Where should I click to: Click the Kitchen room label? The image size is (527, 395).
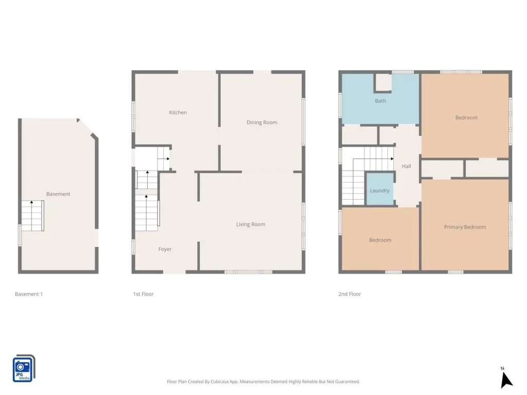(x=178, y=113)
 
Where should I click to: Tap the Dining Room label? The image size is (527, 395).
(x=262, y=122)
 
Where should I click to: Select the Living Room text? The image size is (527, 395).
(x=251, y=224)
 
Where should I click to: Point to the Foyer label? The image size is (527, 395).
(x=165, y=249)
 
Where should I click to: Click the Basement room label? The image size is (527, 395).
(x=58, y=194)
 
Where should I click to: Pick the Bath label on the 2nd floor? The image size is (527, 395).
(x=380, y=101)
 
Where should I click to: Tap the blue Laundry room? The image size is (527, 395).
(x=380, y=188)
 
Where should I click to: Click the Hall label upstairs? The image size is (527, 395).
(x=407, y=166)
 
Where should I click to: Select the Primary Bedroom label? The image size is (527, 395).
(x=465, y=227)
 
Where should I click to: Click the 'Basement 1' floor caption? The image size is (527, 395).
(x=29, y=294)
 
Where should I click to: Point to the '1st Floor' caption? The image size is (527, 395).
(x=144, y=294)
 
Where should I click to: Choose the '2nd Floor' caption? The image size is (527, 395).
(x=349, y=294)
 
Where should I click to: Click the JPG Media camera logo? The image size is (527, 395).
(x=24, y=368)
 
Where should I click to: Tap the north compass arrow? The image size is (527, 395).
(x=506, y=380)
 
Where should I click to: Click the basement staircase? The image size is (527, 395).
(x=32, y=216)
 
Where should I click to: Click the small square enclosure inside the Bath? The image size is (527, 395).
(x=383, y=83)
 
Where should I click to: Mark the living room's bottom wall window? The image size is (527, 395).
(x=249, y=272)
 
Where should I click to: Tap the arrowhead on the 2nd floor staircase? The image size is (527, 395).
(x=392, y=158)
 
